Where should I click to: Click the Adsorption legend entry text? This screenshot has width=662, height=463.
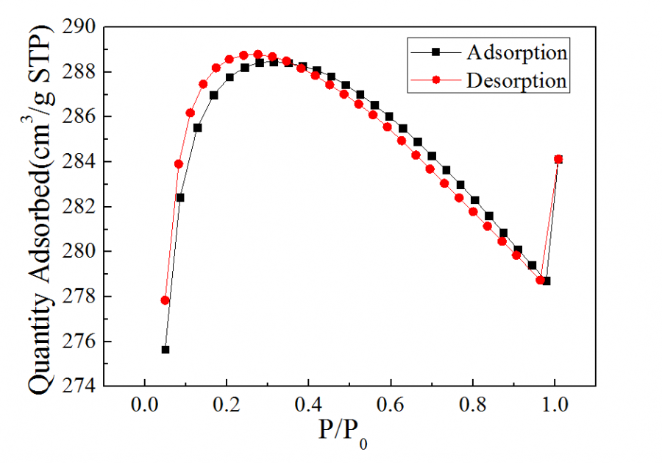[516, 52]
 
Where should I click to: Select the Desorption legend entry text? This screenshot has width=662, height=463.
[516, 80]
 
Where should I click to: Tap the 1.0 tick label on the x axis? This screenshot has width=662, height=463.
[555, 406]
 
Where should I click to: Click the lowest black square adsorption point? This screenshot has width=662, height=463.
[165, 350]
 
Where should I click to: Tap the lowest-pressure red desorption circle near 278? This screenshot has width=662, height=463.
[165, 300]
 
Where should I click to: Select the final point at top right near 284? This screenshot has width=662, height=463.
[558, 159]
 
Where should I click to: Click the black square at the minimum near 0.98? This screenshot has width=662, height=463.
[547, 280]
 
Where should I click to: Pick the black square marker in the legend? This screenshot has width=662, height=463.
[435, 52]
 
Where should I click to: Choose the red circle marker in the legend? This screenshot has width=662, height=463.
[435, 80]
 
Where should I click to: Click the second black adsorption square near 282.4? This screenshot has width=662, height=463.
[180, 197]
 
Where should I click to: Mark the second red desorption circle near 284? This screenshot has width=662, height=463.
[179, 164]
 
